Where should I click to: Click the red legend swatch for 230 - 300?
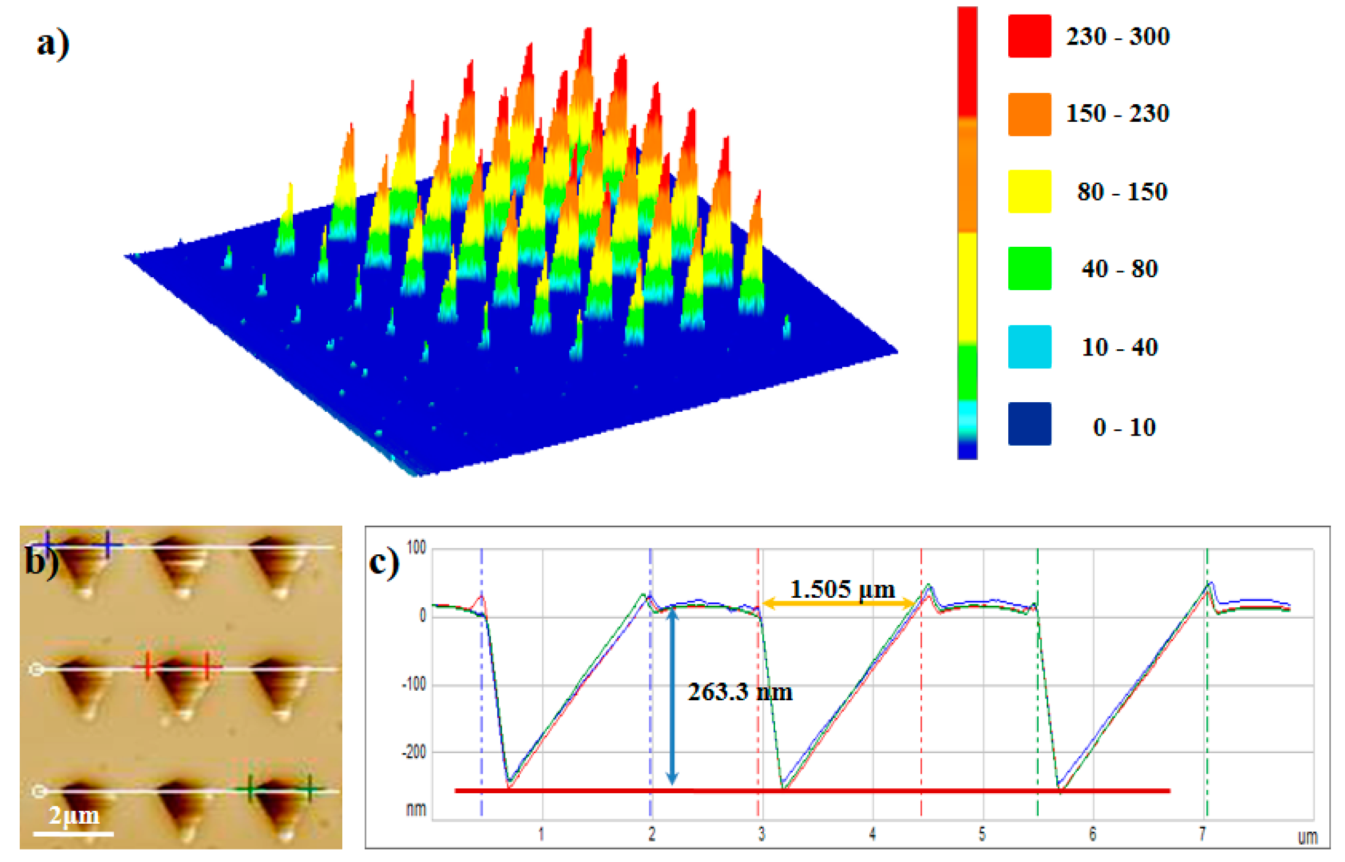[1029, 36]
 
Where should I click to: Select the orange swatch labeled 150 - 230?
[1029, 114]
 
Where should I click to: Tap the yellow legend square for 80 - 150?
[1029, 191]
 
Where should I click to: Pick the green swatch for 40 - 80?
[1029, 268]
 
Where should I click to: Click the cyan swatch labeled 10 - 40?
[1029, 346]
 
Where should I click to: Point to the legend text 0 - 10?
[1124, 427]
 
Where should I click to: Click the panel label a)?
[53, 44]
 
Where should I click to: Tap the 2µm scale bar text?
[74, 815]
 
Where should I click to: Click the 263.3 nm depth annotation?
[740, 692]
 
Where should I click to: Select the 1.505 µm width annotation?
[842, 589]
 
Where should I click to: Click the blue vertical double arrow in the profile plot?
[672, 696]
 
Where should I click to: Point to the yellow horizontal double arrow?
[839, 604]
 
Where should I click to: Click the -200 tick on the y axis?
[414, 752]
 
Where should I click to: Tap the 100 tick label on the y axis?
[416, 547]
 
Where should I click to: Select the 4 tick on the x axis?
[872, 834]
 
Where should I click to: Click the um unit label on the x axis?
[1307, 837]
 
